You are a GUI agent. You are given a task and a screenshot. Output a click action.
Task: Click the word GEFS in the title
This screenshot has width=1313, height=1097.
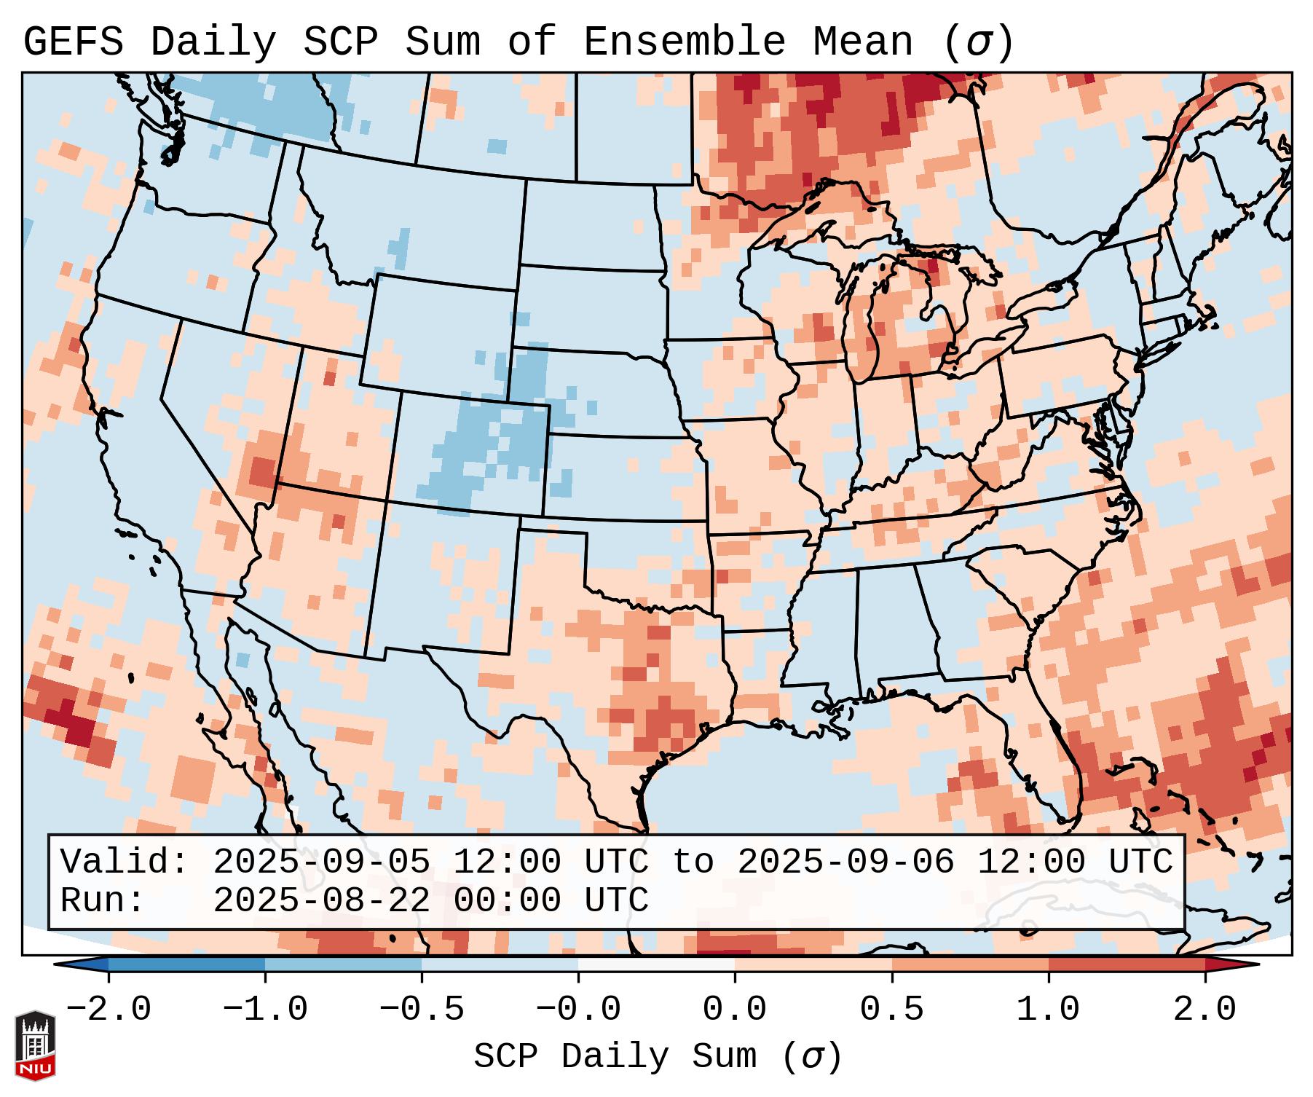(73, 42)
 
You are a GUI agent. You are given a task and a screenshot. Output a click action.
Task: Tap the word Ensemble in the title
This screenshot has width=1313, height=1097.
(684, 42)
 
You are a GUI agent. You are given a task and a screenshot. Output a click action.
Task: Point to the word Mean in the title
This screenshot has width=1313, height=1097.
(862, 42)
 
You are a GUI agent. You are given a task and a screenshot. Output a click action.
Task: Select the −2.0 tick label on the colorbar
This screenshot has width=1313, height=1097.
(109, 1010)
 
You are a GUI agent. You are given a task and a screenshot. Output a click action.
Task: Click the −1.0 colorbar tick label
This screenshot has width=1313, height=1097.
(265, 1010)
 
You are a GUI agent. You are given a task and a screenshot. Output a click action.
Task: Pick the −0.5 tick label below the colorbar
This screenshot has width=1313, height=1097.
(422, 1010)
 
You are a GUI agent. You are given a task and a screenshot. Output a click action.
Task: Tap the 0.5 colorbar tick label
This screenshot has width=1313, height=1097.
(891, 1010)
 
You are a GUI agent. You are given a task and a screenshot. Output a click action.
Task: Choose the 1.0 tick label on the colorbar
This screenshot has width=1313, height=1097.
(1048, 1010)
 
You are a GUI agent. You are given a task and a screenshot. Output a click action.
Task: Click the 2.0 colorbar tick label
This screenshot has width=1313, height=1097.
(1204, 1010)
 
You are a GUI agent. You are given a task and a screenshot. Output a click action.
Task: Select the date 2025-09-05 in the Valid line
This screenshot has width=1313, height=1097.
(321, 862)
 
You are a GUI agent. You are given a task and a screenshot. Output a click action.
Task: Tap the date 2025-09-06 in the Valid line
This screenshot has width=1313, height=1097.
(845, 862)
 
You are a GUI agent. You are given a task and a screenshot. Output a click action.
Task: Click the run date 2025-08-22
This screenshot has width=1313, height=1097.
(321, 900)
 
